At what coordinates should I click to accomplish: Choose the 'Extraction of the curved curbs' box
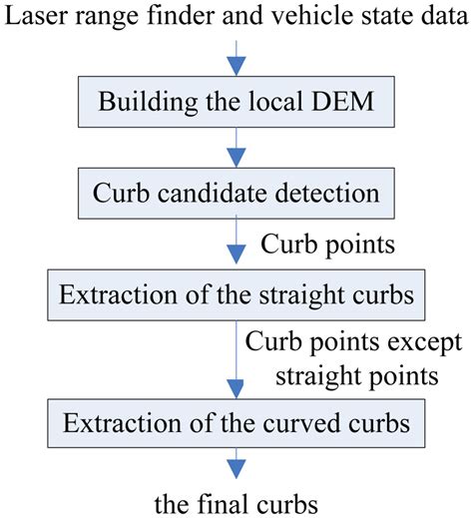(x=236, y=424)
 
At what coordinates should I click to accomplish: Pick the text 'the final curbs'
(x=236, y=499)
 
